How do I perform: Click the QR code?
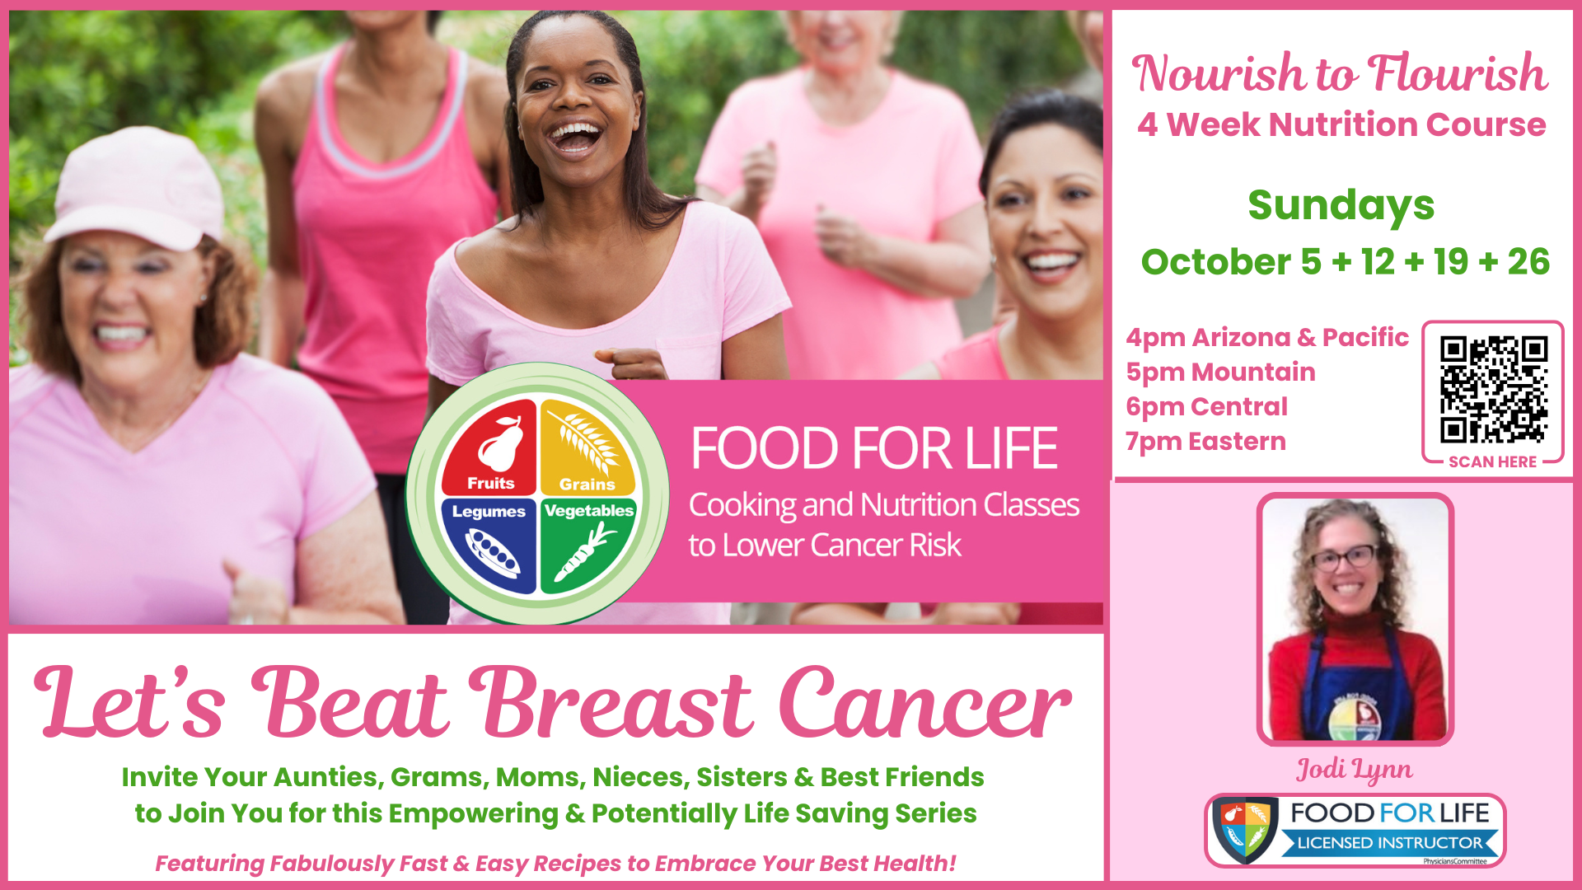click(x=1493, y=389)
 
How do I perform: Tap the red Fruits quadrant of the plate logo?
click(x=490, y=447)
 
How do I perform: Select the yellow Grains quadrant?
click(x=587, y=447)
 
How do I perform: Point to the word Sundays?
click(x=1341, y=206)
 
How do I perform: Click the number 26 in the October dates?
click(x=1528, y=262)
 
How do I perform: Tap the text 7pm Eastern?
click(x=1205, y=442)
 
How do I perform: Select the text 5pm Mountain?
click(x=1220, y=372)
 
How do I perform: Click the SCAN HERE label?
click(x=1492, y=462)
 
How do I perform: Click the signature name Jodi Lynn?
click(x=1355, y=770)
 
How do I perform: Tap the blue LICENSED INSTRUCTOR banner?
click(x=1390, y=843)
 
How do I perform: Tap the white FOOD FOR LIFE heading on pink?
click(x=873, y=448)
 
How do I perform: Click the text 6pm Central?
click(x=1206, y=407)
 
